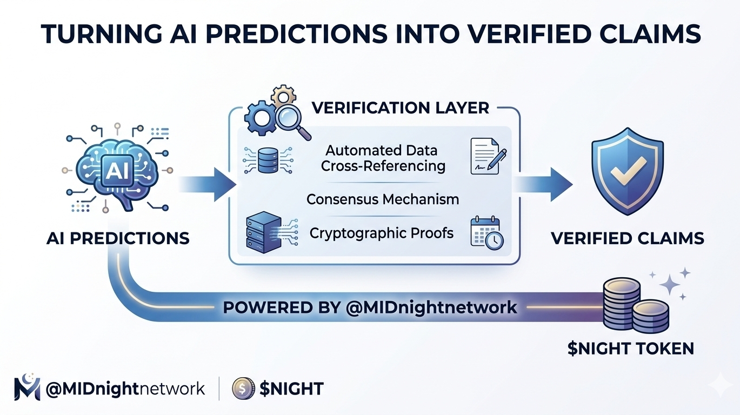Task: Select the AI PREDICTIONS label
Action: coord(118,238)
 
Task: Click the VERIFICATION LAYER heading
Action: coord(401,108)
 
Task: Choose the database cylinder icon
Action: coord(267,158)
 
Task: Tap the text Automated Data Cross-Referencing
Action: coord(383,158)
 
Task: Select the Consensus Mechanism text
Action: coord(383,199)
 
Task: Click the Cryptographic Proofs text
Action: coord(382,233)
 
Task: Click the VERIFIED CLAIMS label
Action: coord(627,238)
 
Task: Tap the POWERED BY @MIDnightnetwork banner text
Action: coord(370,307)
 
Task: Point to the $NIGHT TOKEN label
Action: coord(631,349)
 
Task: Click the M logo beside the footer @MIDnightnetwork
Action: coord(27,387)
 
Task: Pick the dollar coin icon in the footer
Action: coord(243,388)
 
